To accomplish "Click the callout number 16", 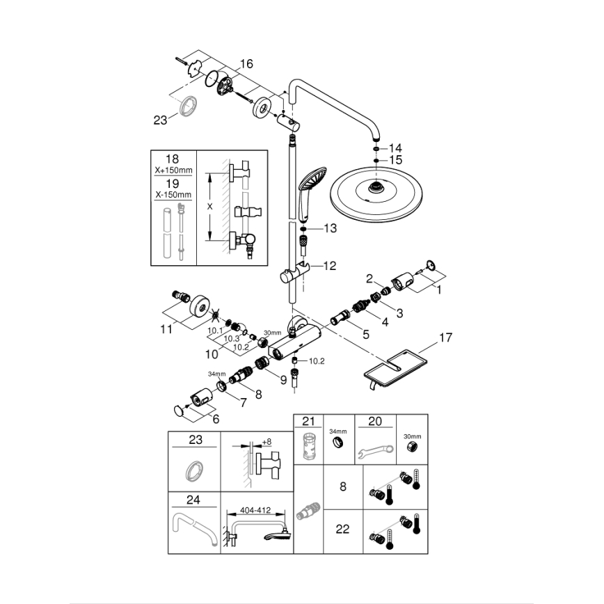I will pos(246,64).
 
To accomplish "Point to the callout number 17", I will pos(445,339).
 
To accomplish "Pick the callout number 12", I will pos(329,265).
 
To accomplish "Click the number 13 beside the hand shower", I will pos(329,228).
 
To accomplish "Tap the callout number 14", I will pos(395,148).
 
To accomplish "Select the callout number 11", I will pos(165,328).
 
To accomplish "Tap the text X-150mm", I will pos(174,196).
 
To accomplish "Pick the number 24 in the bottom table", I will pos(194,499).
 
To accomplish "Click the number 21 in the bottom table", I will pos(308,421).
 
